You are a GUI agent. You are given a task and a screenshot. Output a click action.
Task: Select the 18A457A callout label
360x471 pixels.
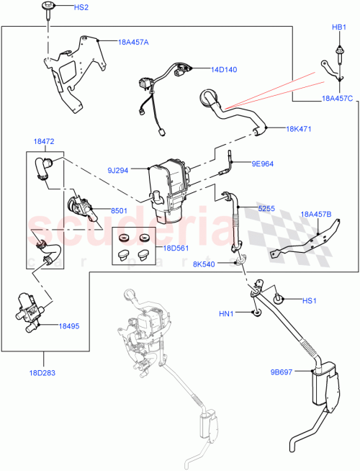coord(133,42)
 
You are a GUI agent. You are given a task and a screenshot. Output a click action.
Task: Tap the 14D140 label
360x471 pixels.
coord(224,70)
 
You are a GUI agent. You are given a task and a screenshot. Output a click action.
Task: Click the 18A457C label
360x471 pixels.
coord(337,98)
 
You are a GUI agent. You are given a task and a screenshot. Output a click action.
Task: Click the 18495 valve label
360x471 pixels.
coord(69,326)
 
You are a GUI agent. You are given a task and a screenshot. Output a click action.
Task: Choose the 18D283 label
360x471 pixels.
coord(45,373)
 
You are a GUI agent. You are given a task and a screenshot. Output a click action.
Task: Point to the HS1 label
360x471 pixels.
coord(309,300)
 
